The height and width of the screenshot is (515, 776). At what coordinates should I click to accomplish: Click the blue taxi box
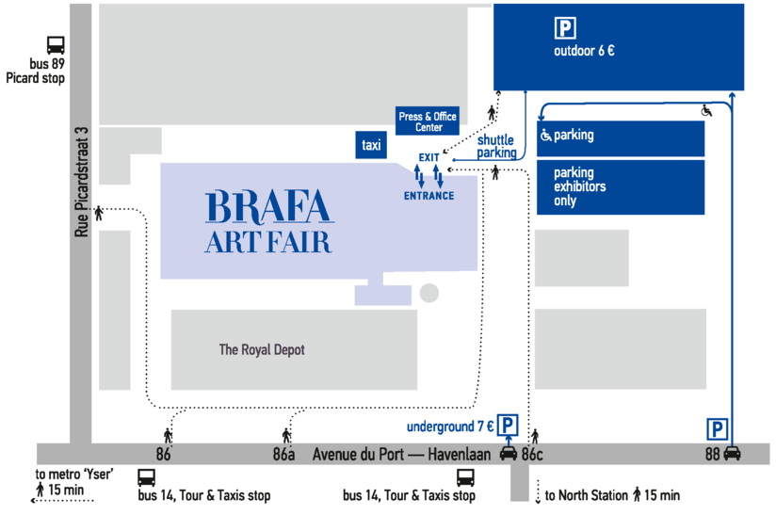coord(371,145)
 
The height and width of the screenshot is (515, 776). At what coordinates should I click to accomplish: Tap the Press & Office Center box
coord(428,121)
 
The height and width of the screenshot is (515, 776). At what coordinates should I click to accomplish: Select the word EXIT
coord(428,157)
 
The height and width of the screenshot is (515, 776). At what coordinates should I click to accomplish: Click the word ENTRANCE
coord(428,196)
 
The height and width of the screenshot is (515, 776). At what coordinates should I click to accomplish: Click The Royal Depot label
coord(262,349)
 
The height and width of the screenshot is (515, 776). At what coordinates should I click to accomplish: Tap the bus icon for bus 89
coord(56,45)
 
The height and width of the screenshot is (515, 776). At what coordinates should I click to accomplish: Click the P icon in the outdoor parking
coord(565,27)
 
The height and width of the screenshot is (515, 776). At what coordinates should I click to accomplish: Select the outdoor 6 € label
coord(584,51)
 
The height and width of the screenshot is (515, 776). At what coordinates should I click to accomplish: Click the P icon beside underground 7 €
coord(508,425)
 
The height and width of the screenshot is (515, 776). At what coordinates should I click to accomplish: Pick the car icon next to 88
coord(732,453)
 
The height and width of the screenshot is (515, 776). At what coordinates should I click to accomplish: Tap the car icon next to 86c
coord(509,453)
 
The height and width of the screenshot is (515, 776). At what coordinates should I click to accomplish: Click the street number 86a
coord(283,454)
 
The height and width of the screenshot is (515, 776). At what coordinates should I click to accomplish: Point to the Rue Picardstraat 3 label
coord(82,182)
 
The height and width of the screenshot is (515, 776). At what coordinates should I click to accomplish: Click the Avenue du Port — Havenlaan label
coord(401,454)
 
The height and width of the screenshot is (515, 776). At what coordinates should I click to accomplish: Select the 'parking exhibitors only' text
coord(579,186)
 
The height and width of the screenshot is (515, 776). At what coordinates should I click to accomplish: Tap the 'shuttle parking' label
coord(496,147)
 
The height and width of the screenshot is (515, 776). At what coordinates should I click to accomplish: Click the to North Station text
coord(586,495)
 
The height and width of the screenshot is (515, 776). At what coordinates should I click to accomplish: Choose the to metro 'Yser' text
coord(74,474)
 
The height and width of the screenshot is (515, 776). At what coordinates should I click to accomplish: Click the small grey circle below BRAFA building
coord(429,293)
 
